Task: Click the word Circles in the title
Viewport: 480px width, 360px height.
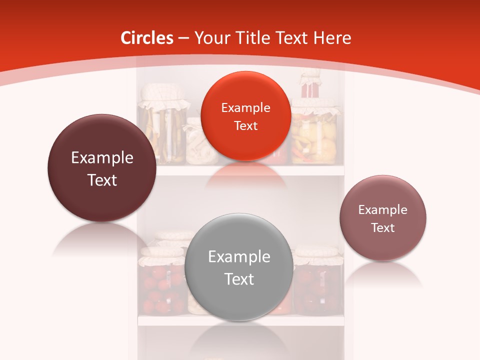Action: coord(146,38)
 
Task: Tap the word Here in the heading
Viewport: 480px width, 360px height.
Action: coord(332,38)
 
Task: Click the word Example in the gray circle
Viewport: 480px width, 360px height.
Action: coord(239,257)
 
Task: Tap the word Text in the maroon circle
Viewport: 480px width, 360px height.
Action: coord(102,180)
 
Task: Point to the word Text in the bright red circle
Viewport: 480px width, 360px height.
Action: coord(245,126)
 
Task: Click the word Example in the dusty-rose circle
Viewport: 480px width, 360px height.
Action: coord(382,210)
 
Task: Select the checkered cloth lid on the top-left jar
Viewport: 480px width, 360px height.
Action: coord(163,97)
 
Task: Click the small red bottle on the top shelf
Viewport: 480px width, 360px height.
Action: coord(310,87)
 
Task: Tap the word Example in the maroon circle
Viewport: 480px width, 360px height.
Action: coord(102,158)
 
